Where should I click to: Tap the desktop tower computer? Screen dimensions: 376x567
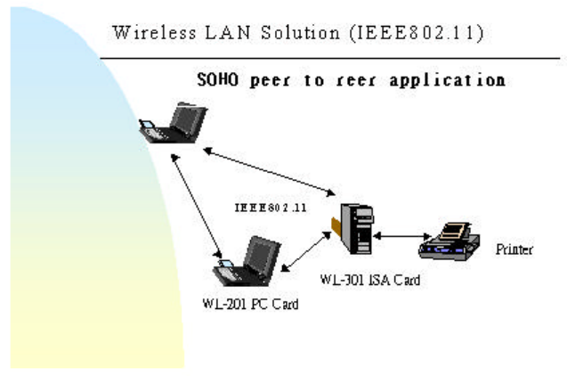pos(353,230)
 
